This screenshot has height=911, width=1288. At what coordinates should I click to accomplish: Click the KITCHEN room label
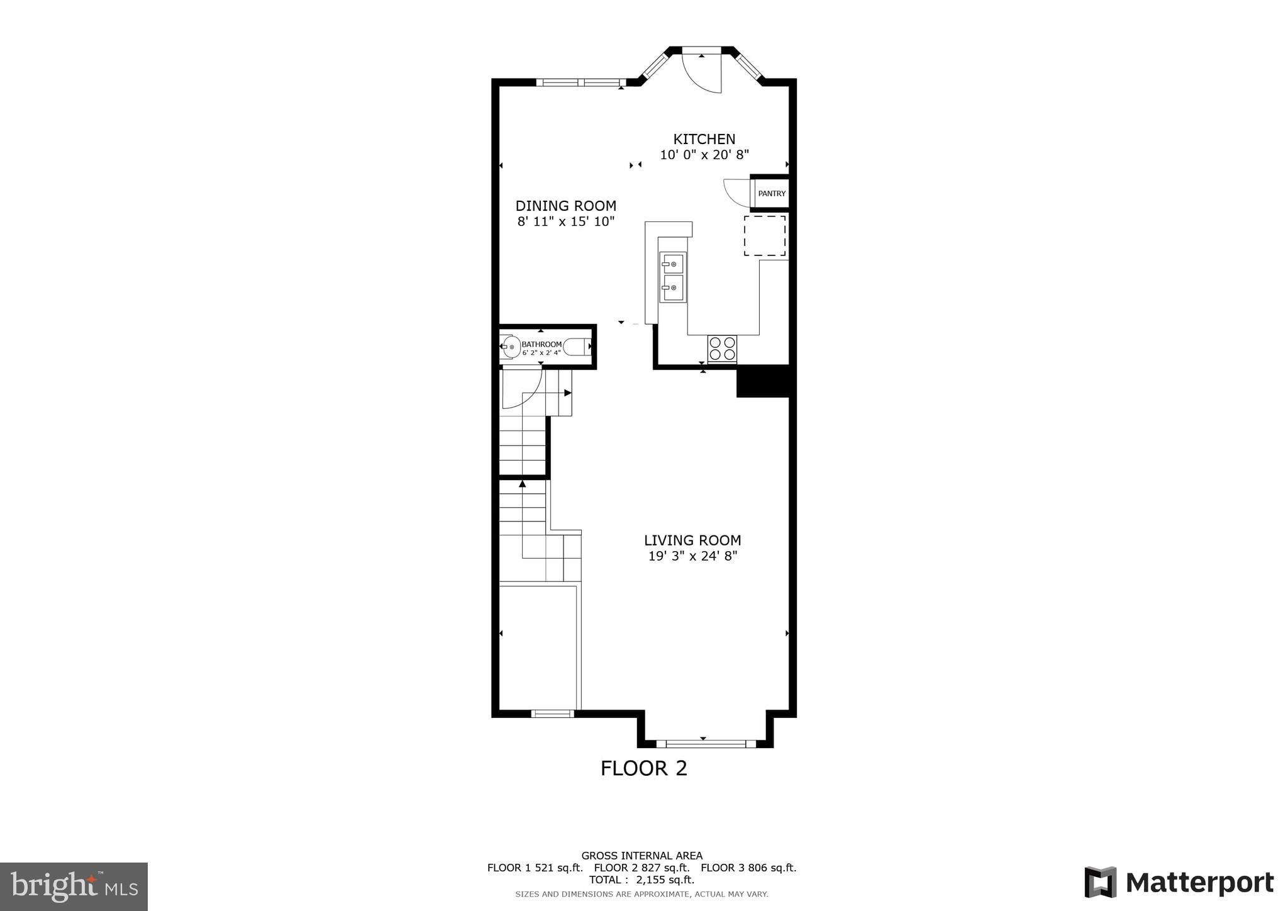[704, 139]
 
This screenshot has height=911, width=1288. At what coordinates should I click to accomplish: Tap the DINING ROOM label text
[565, 206]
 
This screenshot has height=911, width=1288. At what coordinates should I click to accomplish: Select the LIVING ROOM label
[692, 540]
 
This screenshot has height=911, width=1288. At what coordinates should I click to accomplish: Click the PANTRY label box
[771, 194]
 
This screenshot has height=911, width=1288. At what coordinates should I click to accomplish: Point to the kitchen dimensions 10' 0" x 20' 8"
[704, 155]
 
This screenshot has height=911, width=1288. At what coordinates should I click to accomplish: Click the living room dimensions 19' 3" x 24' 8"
[692, 556]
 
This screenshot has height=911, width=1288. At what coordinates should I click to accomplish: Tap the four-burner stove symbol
[722, 349]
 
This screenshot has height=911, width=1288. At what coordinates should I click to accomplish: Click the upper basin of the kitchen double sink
[672, 263]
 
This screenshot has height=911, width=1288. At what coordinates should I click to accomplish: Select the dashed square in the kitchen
[765, 235]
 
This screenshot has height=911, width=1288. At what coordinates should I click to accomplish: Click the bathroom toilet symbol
[577, 347]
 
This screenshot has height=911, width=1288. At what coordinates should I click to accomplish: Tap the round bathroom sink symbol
[511, 347]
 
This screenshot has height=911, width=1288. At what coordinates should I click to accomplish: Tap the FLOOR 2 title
[643, 768]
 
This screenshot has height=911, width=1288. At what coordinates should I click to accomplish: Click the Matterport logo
[1179, 883]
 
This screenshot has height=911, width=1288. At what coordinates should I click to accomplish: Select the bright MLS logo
[74, 886]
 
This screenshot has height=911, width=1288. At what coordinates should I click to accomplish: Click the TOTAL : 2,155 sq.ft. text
[641, 880]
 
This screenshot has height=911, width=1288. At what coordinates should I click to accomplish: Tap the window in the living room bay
[706, 744]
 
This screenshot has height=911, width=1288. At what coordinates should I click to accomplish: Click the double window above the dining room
[580, 82]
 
